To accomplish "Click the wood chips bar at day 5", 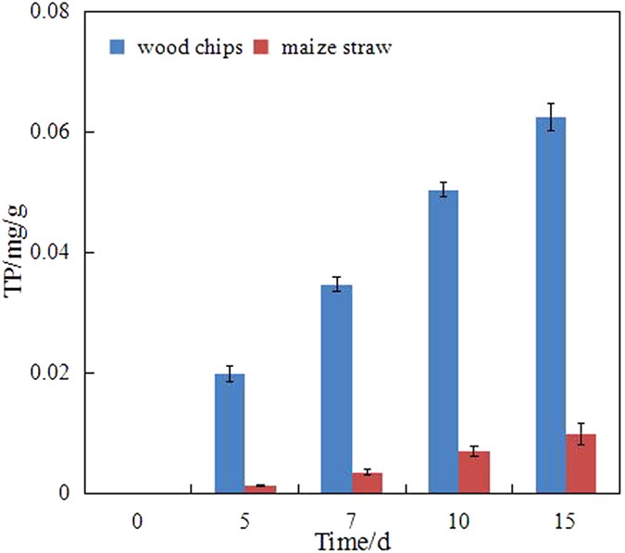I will (230, 434).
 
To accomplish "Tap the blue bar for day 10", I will (444, 342).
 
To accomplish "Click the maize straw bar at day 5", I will (260, 489).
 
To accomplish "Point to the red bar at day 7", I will (368, 483).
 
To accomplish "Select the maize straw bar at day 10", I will (474, 471).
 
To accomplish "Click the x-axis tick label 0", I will (137, 522).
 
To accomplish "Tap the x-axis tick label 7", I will (351, 522).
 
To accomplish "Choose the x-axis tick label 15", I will (565, 522).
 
